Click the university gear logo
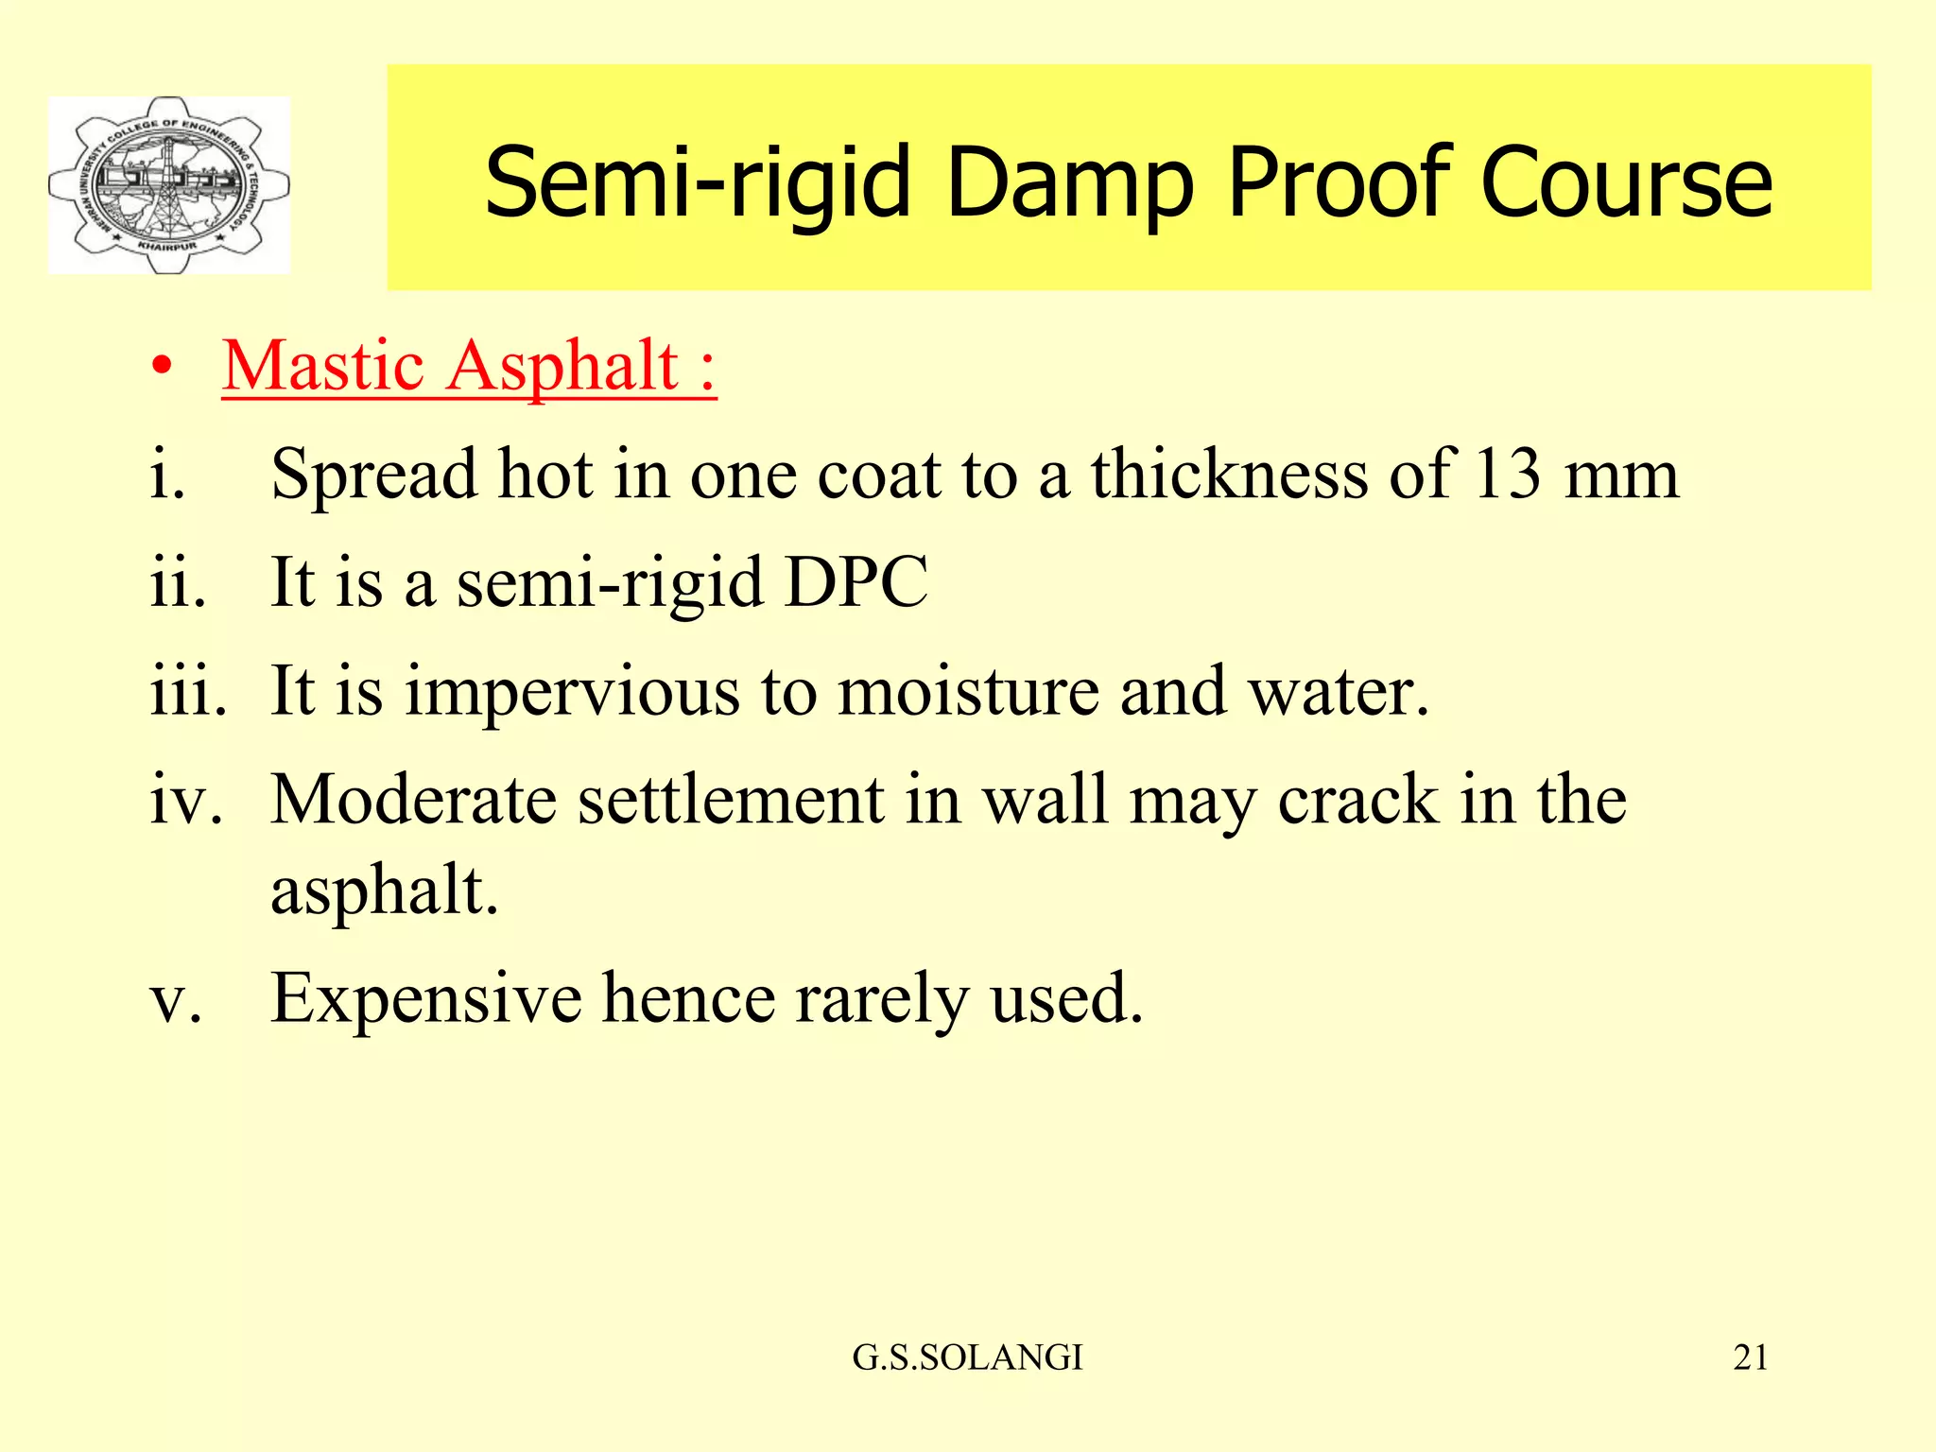coord(169,185)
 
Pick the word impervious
coord(573,691)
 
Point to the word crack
coord(1357,800)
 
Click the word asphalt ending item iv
coord(383,890)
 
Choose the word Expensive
coord(425,998)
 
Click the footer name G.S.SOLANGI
coord(967,1357)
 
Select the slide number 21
coord(1750,1357)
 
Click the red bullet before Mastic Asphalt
coord(162,367)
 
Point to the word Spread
coord(373,475)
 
